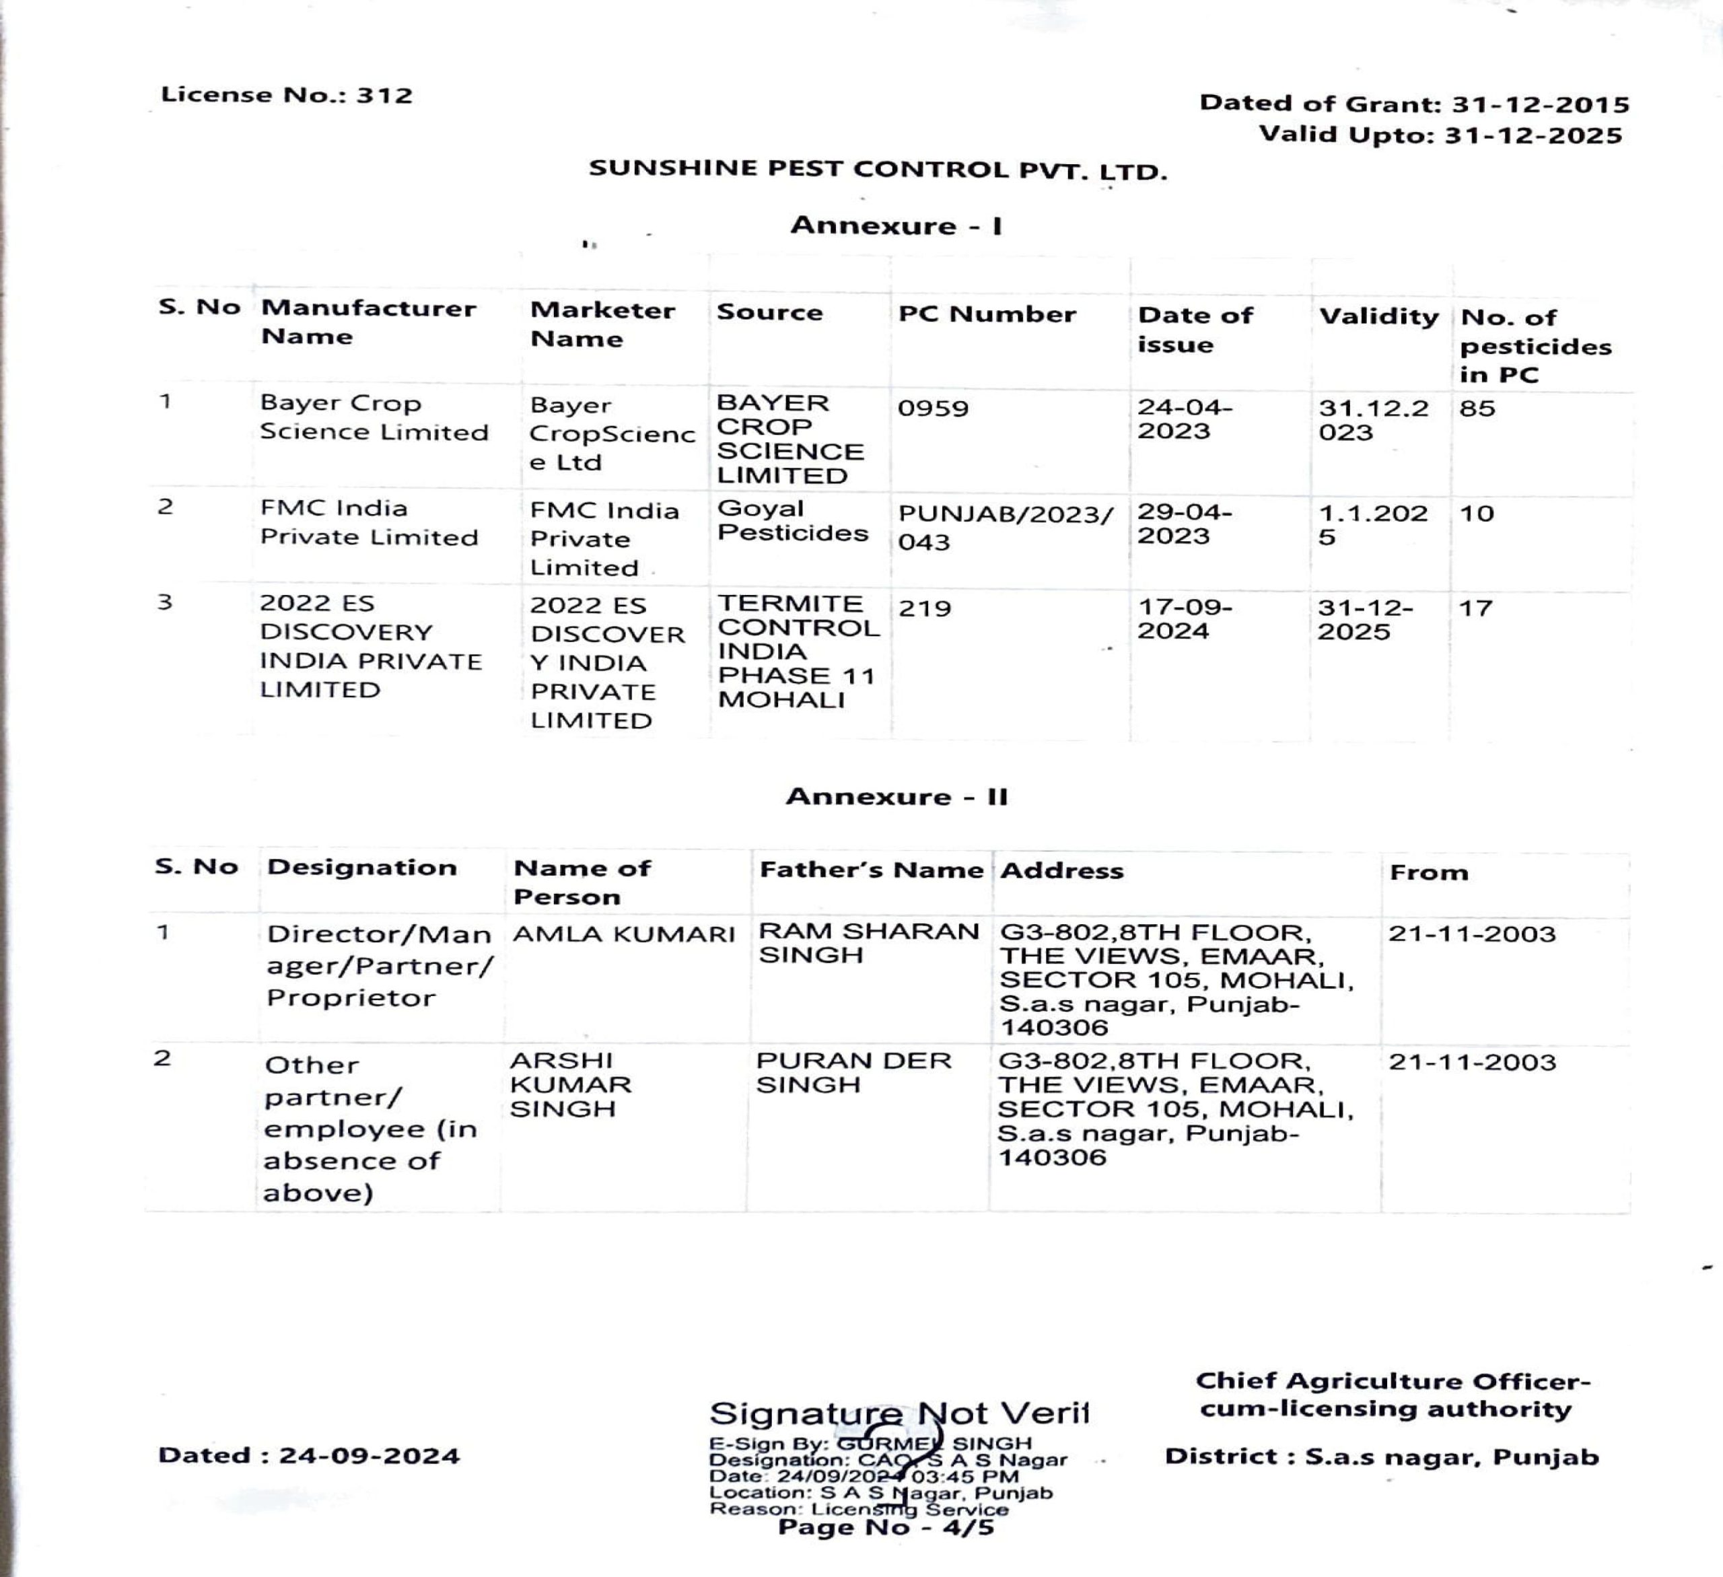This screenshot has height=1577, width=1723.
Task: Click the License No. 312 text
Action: (286, 95)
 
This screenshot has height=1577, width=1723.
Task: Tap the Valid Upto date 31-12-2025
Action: (1440, 135)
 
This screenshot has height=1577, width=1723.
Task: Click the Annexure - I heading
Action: (896, 225)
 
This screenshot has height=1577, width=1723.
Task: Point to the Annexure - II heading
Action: (896, 797)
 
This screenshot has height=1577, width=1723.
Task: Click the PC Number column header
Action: (986, 314)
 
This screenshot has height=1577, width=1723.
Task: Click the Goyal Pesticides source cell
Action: (792, 520)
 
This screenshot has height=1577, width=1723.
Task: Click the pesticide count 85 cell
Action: (1478, 409)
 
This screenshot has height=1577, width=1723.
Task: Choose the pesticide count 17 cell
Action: (1476, 608)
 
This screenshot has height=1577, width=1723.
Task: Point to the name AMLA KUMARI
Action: (624, 934)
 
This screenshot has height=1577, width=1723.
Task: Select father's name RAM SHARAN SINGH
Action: (868, 943)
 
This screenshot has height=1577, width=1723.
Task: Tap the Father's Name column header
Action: (871, 870)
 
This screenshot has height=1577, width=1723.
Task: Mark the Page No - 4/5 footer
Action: (886, 1527)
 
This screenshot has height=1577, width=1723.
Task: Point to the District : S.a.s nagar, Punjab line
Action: (1381, 1457)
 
